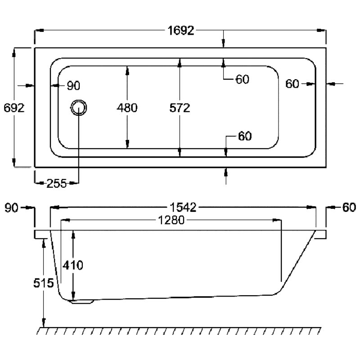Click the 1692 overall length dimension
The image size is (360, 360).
coord(181,31)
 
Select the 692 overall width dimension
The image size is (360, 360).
coord(14,108)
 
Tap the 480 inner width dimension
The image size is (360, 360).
coord(127,108)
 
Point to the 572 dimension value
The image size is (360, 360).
coord(180,108)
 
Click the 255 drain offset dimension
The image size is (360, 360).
coord(57,184)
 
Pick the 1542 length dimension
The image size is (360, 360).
coord(183,207)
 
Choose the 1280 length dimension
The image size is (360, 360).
coord(171,220)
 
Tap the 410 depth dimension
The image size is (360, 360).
coord(73,265)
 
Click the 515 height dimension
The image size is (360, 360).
coord(44,283)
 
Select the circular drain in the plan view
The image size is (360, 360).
coord(79,108)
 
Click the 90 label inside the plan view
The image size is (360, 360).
coord(73,86)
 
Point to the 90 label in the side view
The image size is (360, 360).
coord(11,208)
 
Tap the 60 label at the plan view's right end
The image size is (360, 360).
coord(292,84)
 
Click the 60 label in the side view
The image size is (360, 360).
coord(349,207)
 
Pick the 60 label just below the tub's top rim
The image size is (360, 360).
coord(242,80)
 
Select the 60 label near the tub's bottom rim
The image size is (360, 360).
coord(245,136)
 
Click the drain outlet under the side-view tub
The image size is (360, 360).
coord(82,301)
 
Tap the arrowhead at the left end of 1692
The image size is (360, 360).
coord(39,30)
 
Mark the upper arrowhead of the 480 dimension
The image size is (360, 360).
coord(127,71)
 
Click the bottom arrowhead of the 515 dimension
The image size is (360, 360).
coord(44,323)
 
